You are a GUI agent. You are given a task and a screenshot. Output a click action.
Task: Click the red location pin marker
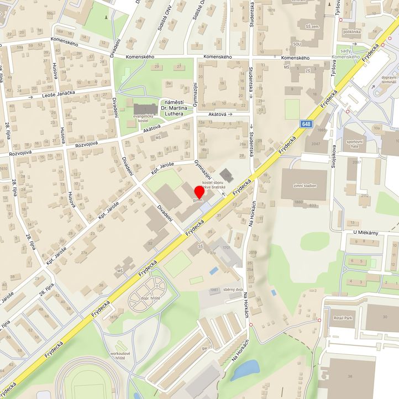click(x=200, y=193)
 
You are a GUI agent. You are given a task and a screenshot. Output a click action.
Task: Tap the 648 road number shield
click(x=307, y=124)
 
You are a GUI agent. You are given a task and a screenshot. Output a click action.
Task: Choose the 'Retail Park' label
click(x=343, y=319)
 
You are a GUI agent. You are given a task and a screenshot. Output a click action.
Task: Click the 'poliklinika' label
click(x=351, y=32)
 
